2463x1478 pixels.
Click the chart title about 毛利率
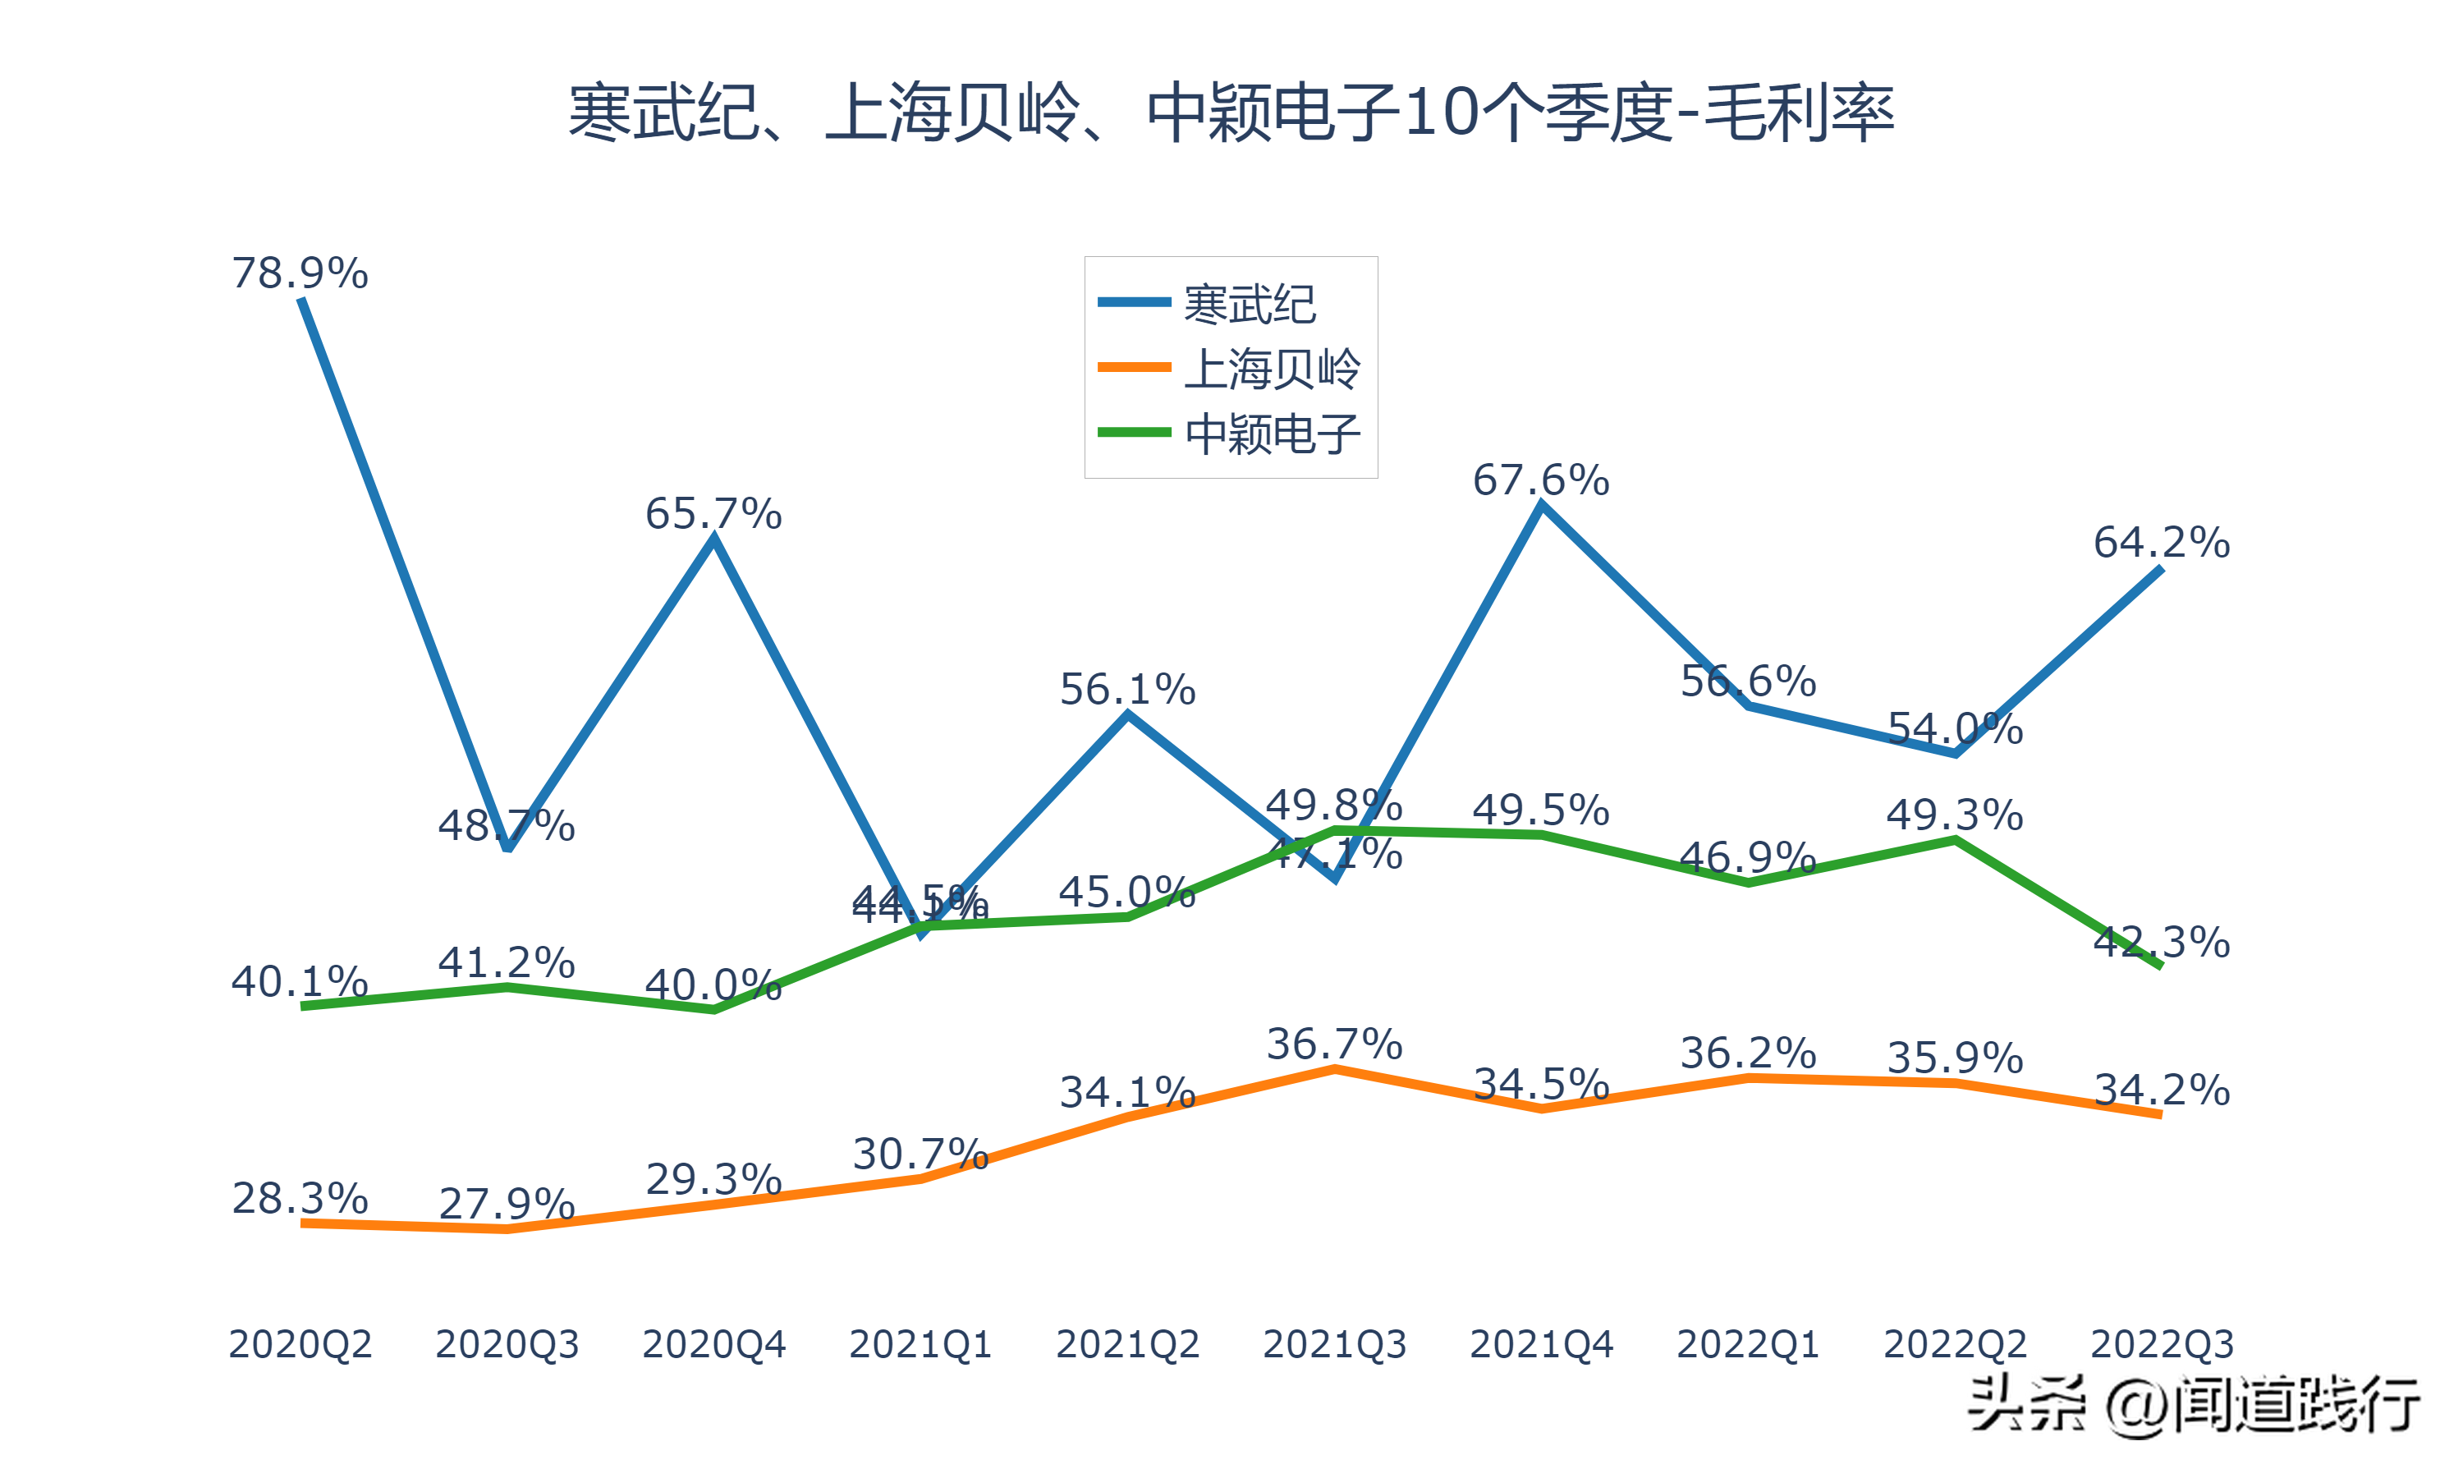1231,112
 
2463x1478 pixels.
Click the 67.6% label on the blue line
1540,481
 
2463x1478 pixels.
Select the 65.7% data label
713,515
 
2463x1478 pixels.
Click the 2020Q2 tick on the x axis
300,1344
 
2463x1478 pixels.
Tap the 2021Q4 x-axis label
1540,1344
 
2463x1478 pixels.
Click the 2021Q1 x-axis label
920,1344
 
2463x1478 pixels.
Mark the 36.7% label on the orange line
1334,1044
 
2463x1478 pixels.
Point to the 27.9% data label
507,1204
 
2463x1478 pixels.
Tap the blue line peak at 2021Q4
1541,506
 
